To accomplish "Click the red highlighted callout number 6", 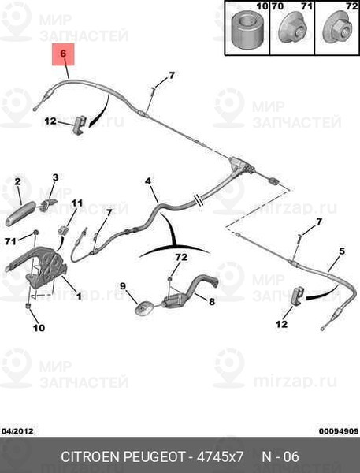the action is coord(63,54).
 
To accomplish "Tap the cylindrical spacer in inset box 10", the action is coord(247,30).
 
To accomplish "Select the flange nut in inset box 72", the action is coord(337,30).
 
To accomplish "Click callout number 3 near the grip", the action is coord(55,177).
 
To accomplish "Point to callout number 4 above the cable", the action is coord(148,181).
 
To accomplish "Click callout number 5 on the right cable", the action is coord(342,251).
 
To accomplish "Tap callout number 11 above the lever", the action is coord(76,203).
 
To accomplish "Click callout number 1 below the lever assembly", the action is coord(79,296).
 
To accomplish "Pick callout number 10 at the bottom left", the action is coord(39,328).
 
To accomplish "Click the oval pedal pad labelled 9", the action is coord(144,308).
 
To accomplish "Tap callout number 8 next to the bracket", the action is coord(212,301).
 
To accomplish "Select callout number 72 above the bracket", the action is coord(181,257).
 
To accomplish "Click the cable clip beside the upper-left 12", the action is coord(80,125).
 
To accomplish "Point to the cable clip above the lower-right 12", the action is coord(299,296).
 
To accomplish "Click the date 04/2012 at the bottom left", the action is coord(17,431).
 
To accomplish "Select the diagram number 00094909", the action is coord(339,431).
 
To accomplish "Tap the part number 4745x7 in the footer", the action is coord(220,456).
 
